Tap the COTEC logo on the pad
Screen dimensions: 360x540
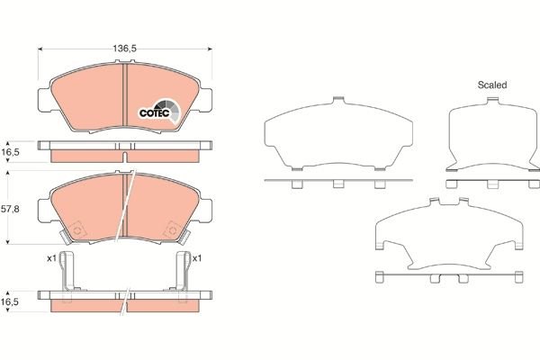[x=153, y=112]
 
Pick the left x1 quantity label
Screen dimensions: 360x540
[x=52, y=259]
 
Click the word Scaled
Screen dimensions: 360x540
[x=492, y=85]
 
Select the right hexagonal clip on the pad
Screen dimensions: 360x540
[x=171, y=232]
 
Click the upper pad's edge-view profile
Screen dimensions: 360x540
[x=126, y=149]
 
